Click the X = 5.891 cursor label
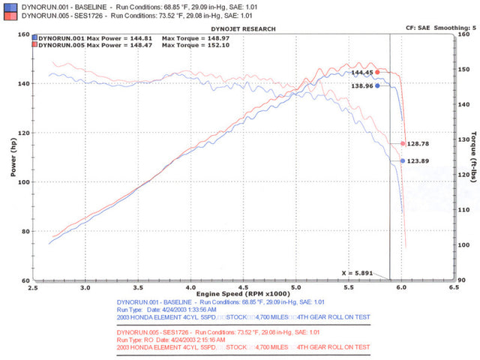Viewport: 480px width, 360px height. (x=356, y=273)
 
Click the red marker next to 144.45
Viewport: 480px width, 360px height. (x=377, y=73)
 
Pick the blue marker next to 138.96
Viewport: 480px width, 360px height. (x=377, y=85)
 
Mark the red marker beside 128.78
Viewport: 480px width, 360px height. (x=403, y=143)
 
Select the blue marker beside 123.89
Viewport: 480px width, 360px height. (x=403, y=160)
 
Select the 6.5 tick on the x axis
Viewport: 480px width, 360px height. (x=453, y=287)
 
